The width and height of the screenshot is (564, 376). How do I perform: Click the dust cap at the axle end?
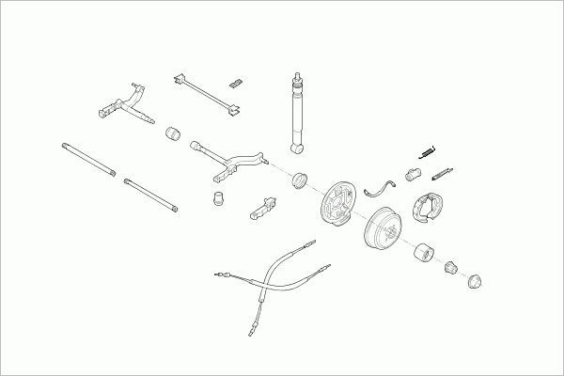pyautogui.click(x=477, y=279)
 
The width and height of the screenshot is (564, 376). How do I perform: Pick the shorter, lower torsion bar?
pyautogui.click(x=150, y=195)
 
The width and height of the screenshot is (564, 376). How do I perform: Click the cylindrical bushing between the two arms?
pyautogui.click(x=172, y=133)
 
